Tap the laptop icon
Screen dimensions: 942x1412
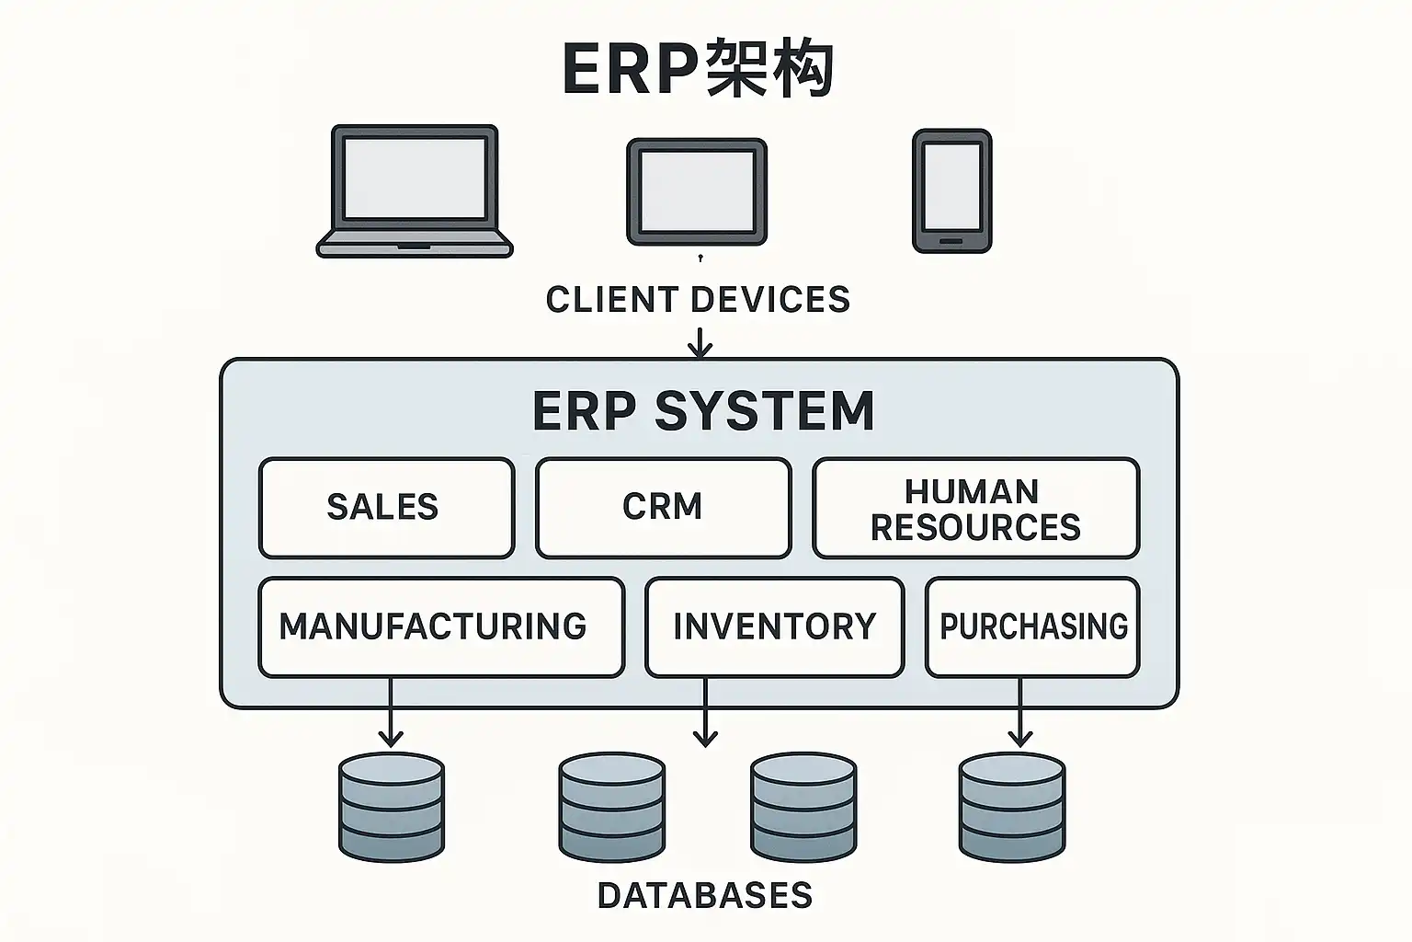point(415,190)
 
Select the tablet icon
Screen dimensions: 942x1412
point(696,191)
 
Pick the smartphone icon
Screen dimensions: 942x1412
point(951,190)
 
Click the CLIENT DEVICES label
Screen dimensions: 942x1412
point(698,300)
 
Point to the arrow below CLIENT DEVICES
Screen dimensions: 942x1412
point(700,343)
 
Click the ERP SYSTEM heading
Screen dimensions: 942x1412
point(703,410)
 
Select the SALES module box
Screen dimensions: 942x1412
point(386,508)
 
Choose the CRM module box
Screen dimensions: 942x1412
point(663,508)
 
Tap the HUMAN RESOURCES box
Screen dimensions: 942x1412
point(975,508)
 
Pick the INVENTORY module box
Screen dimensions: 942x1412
point(774,627)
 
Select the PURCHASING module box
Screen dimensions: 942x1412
point(1032,627)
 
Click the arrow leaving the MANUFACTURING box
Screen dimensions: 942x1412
point(391,713)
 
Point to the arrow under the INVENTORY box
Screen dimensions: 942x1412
point(705,713)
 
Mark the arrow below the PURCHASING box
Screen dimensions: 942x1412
point(1019,713)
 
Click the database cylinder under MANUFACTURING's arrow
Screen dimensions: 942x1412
point(392,807)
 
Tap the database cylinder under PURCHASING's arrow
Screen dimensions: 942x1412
point(1012,807)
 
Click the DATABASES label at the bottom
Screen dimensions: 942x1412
point(705,895)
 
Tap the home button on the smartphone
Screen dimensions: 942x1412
point(951,241)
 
